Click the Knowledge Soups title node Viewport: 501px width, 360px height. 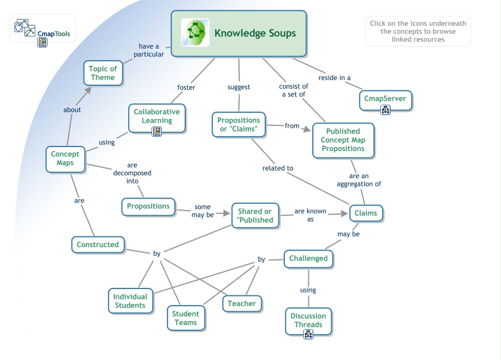(255, 33)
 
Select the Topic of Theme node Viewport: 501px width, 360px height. (103, 73)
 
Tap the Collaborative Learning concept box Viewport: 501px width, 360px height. (157, 116)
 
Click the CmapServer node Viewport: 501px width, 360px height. (385, 98)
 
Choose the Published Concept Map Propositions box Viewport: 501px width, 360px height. (343, 140)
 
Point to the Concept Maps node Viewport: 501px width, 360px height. (65, 159)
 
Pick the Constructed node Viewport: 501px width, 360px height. (98, 244)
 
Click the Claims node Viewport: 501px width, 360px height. (366, 213)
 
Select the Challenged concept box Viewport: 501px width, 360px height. (308, 258)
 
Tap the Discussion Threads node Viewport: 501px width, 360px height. (308, 320)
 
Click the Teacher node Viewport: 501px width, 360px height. (242, 303)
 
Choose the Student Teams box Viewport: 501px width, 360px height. (186, 318)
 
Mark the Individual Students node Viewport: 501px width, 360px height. (130, 300)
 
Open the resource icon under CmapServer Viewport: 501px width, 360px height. (385, 110)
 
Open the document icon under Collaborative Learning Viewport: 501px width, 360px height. (157, 132)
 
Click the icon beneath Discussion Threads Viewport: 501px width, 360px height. (308, 334)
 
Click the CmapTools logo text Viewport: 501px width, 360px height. (53, 34)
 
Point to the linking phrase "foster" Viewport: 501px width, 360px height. (186, 88)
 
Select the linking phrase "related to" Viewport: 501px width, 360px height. (278, 168)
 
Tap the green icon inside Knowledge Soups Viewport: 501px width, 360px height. (195, 33)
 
